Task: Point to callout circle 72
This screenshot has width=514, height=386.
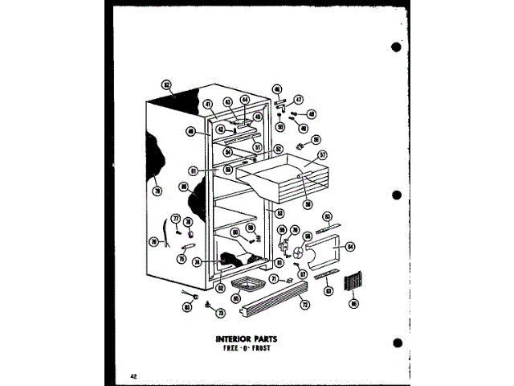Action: click(x=304, y=306)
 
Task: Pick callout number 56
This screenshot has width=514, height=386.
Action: click(x=316, y=139)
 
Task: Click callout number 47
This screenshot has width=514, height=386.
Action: click(x=298, y=100)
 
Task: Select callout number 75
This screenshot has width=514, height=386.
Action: click(x=182, y=259)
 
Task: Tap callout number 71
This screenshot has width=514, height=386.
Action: click(x=274, y=279)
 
